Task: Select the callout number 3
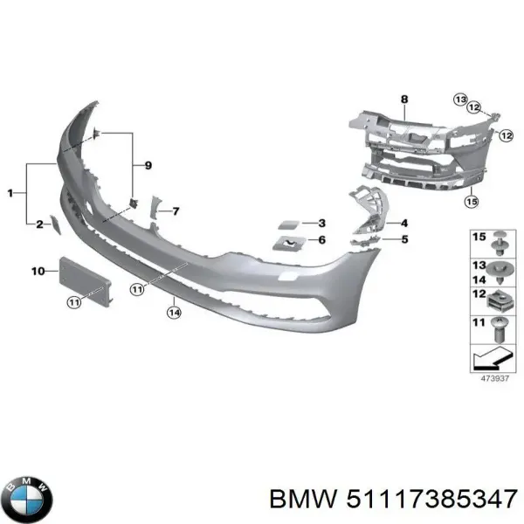point(321,223)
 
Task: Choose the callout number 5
point(404,238)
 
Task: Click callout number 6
point(321,239)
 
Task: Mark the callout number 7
point(176,211)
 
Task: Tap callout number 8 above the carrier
point(403,100)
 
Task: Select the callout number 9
point(148,165)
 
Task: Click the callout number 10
point(38,272)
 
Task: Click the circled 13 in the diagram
point(460,100)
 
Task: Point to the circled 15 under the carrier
point(472,202)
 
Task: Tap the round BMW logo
point(27,500)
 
